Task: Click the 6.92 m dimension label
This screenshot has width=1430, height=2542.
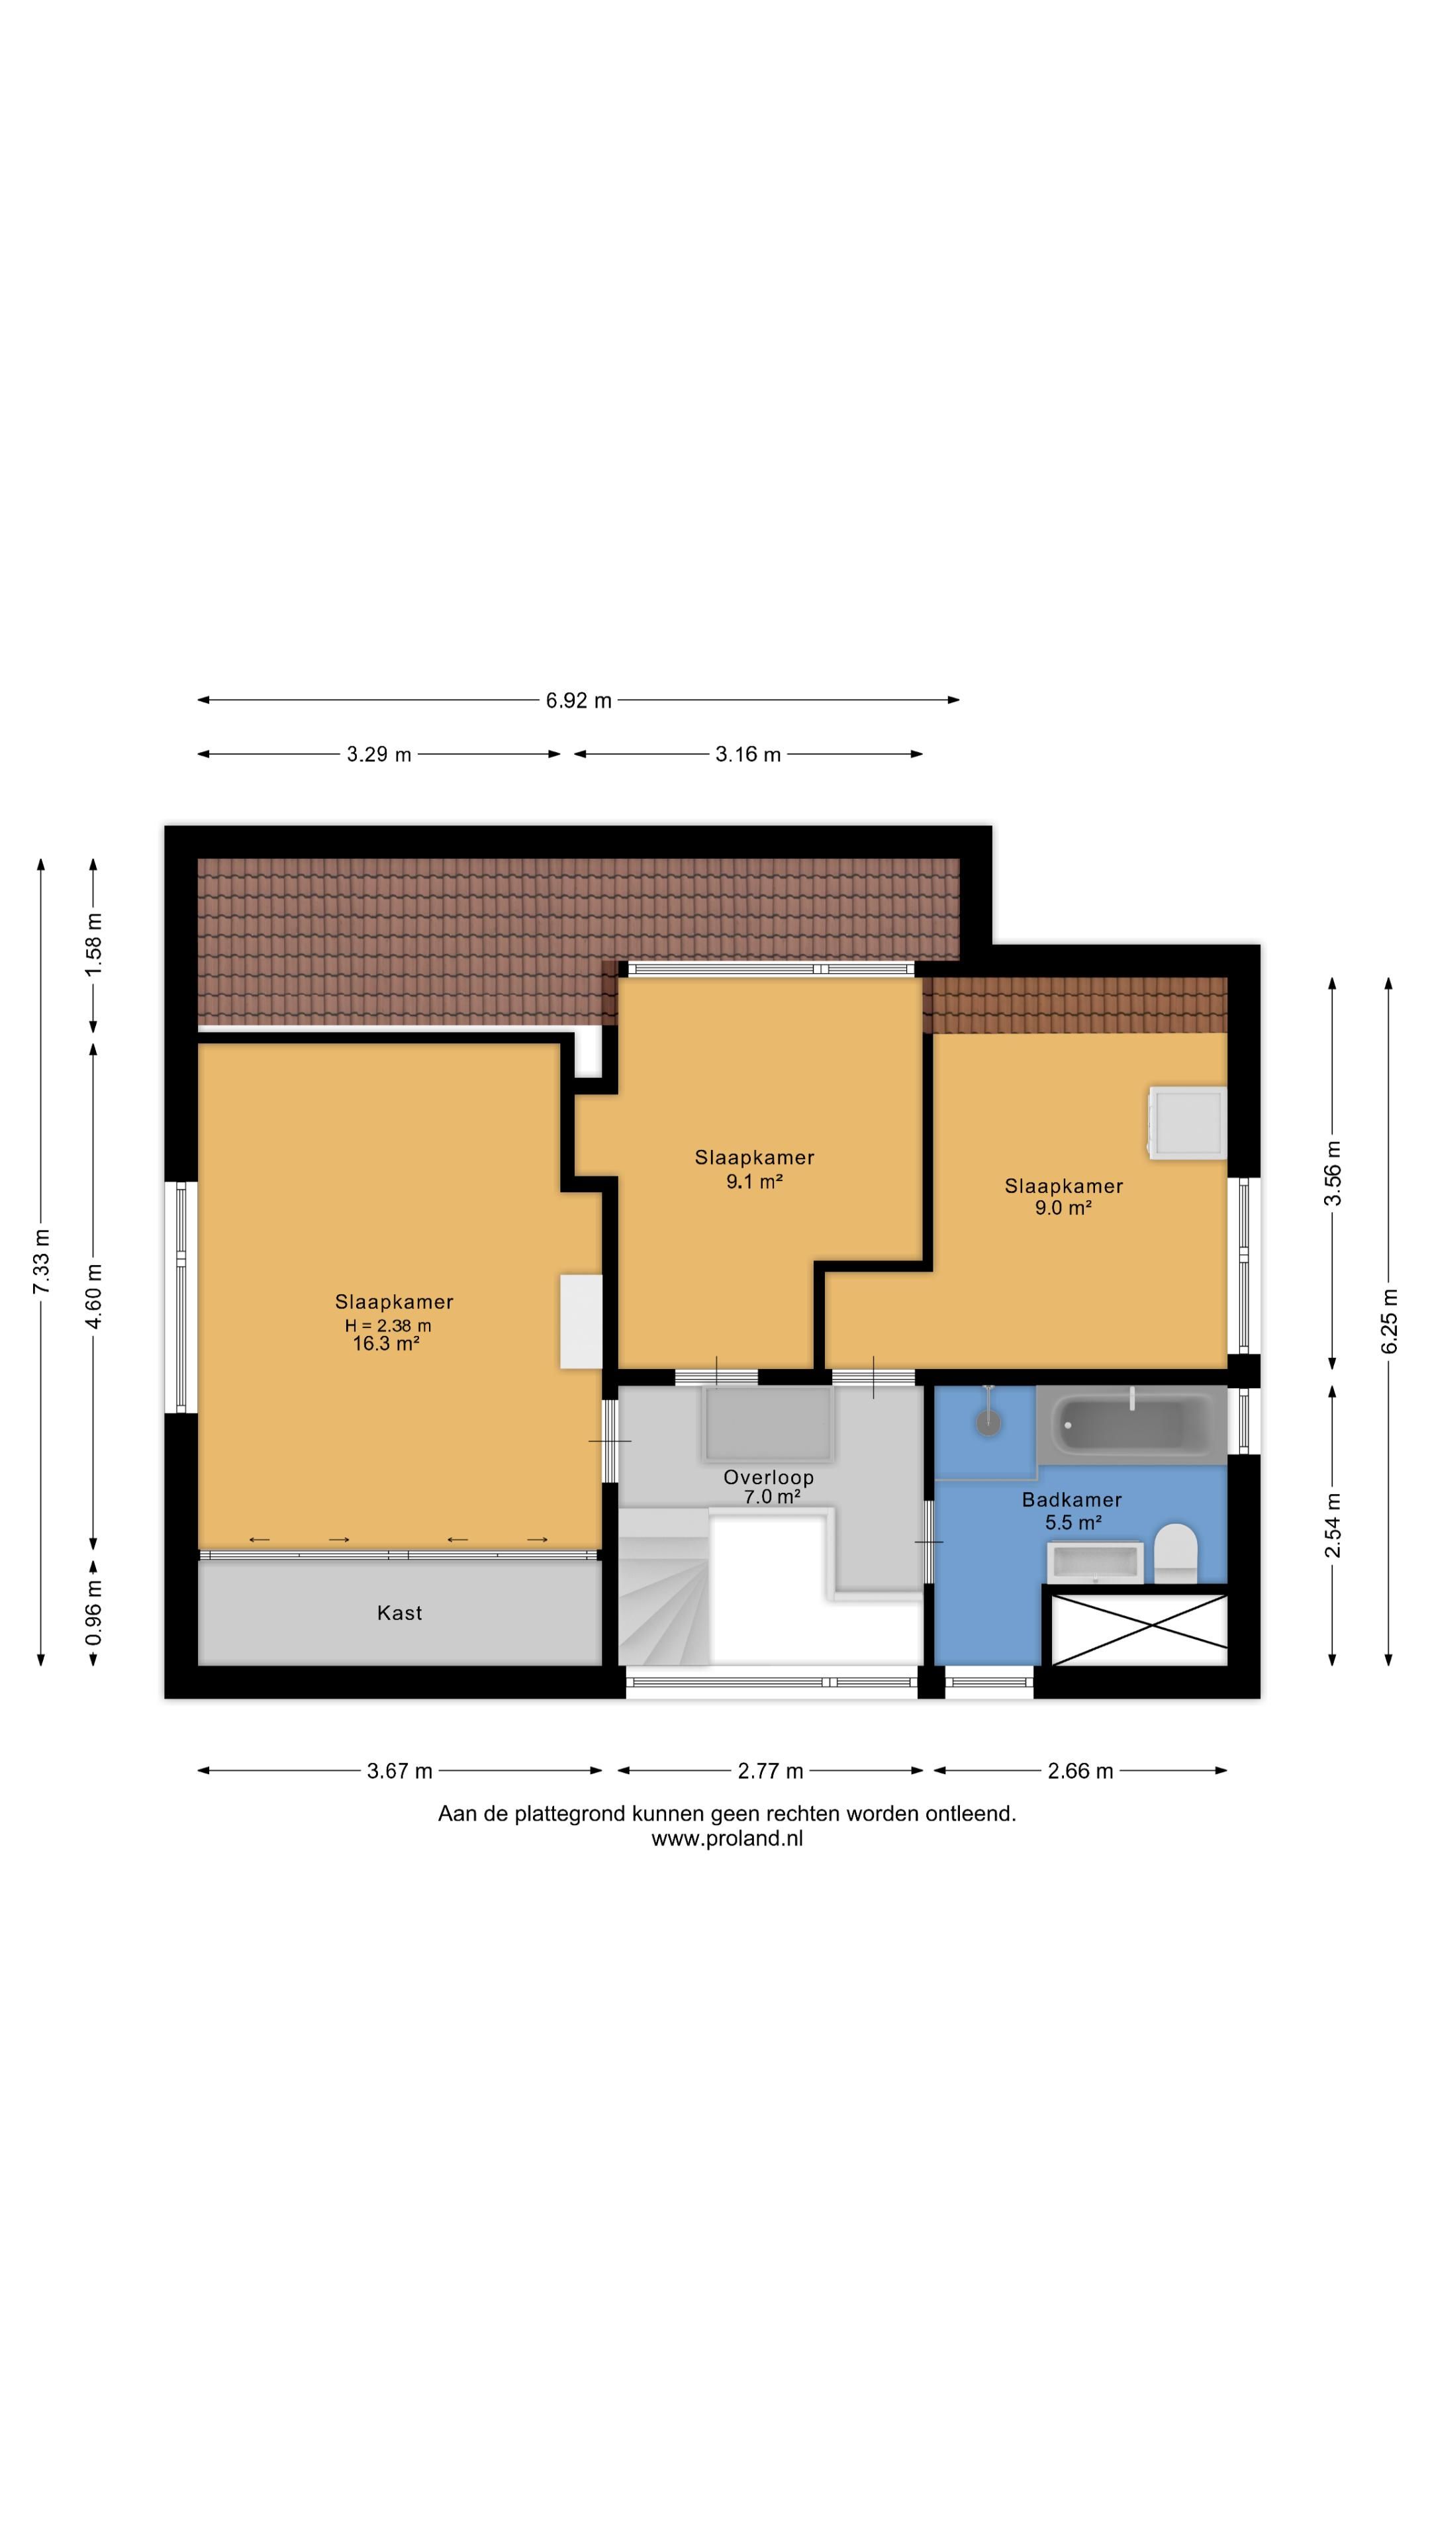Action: click(x=579, y=700)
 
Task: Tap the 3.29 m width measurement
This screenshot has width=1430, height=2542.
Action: click(x=379, y=755)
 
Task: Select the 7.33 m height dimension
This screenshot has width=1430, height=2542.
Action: click(x=40, y=1262)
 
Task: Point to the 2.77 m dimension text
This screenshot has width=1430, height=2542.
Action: click(x=770, y=1771)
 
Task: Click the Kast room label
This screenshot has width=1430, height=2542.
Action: click(x=400, y=1613)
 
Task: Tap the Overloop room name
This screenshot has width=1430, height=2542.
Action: click(x=769, y=1478)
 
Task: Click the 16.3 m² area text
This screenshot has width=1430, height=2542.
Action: click(x=387, y=1344)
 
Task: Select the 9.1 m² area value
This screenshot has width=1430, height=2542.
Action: click(x=755, y=1181)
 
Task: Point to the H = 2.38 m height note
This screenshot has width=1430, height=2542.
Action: click(x=388, y=1325)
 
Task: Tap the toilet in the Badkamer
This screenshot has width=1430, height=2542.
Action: click(x=1175, y=1552)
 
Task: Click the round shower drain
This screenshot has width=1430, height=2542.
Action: click(x=988, y=1422)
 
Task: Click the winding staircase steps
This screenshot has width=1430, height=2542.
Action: click(x=663, y=1586)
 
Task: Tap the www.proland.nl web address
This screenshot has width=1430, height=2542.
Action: click(x=728, y=1838)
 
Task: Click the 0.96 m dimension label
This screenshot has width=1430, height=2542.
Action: click(x=94, y=1613)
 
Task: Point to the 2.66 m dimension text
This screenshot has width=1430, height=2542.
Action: click(x=1080, y=1771)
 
